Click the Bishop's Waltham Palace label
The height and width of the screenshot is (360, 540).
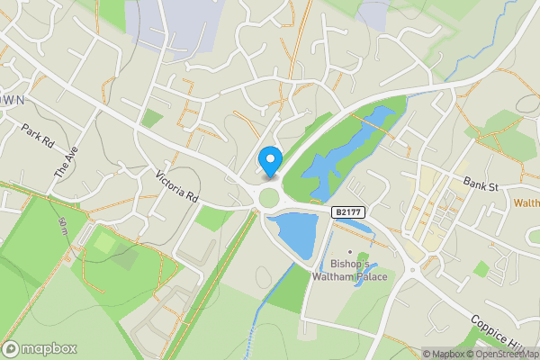[x=350, y=270]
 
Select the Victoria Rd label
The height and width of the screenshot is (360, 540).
[x=175, y=186]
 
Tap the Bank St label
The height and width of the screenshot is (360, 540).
[x=481, y=184]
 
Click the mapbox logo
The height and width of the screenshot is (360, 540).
[x=40, y=348]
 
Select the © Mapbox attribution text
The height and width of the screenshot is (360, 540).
[x=444, y=354]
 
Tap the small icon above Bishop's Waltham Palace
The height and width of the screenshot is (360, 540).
[x=350, y=251]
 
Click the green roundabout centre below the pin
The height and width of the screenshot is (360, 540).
[x=269, y=196]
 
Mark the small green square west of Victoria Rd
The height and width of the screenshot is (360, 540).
[x=152, y=118]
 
